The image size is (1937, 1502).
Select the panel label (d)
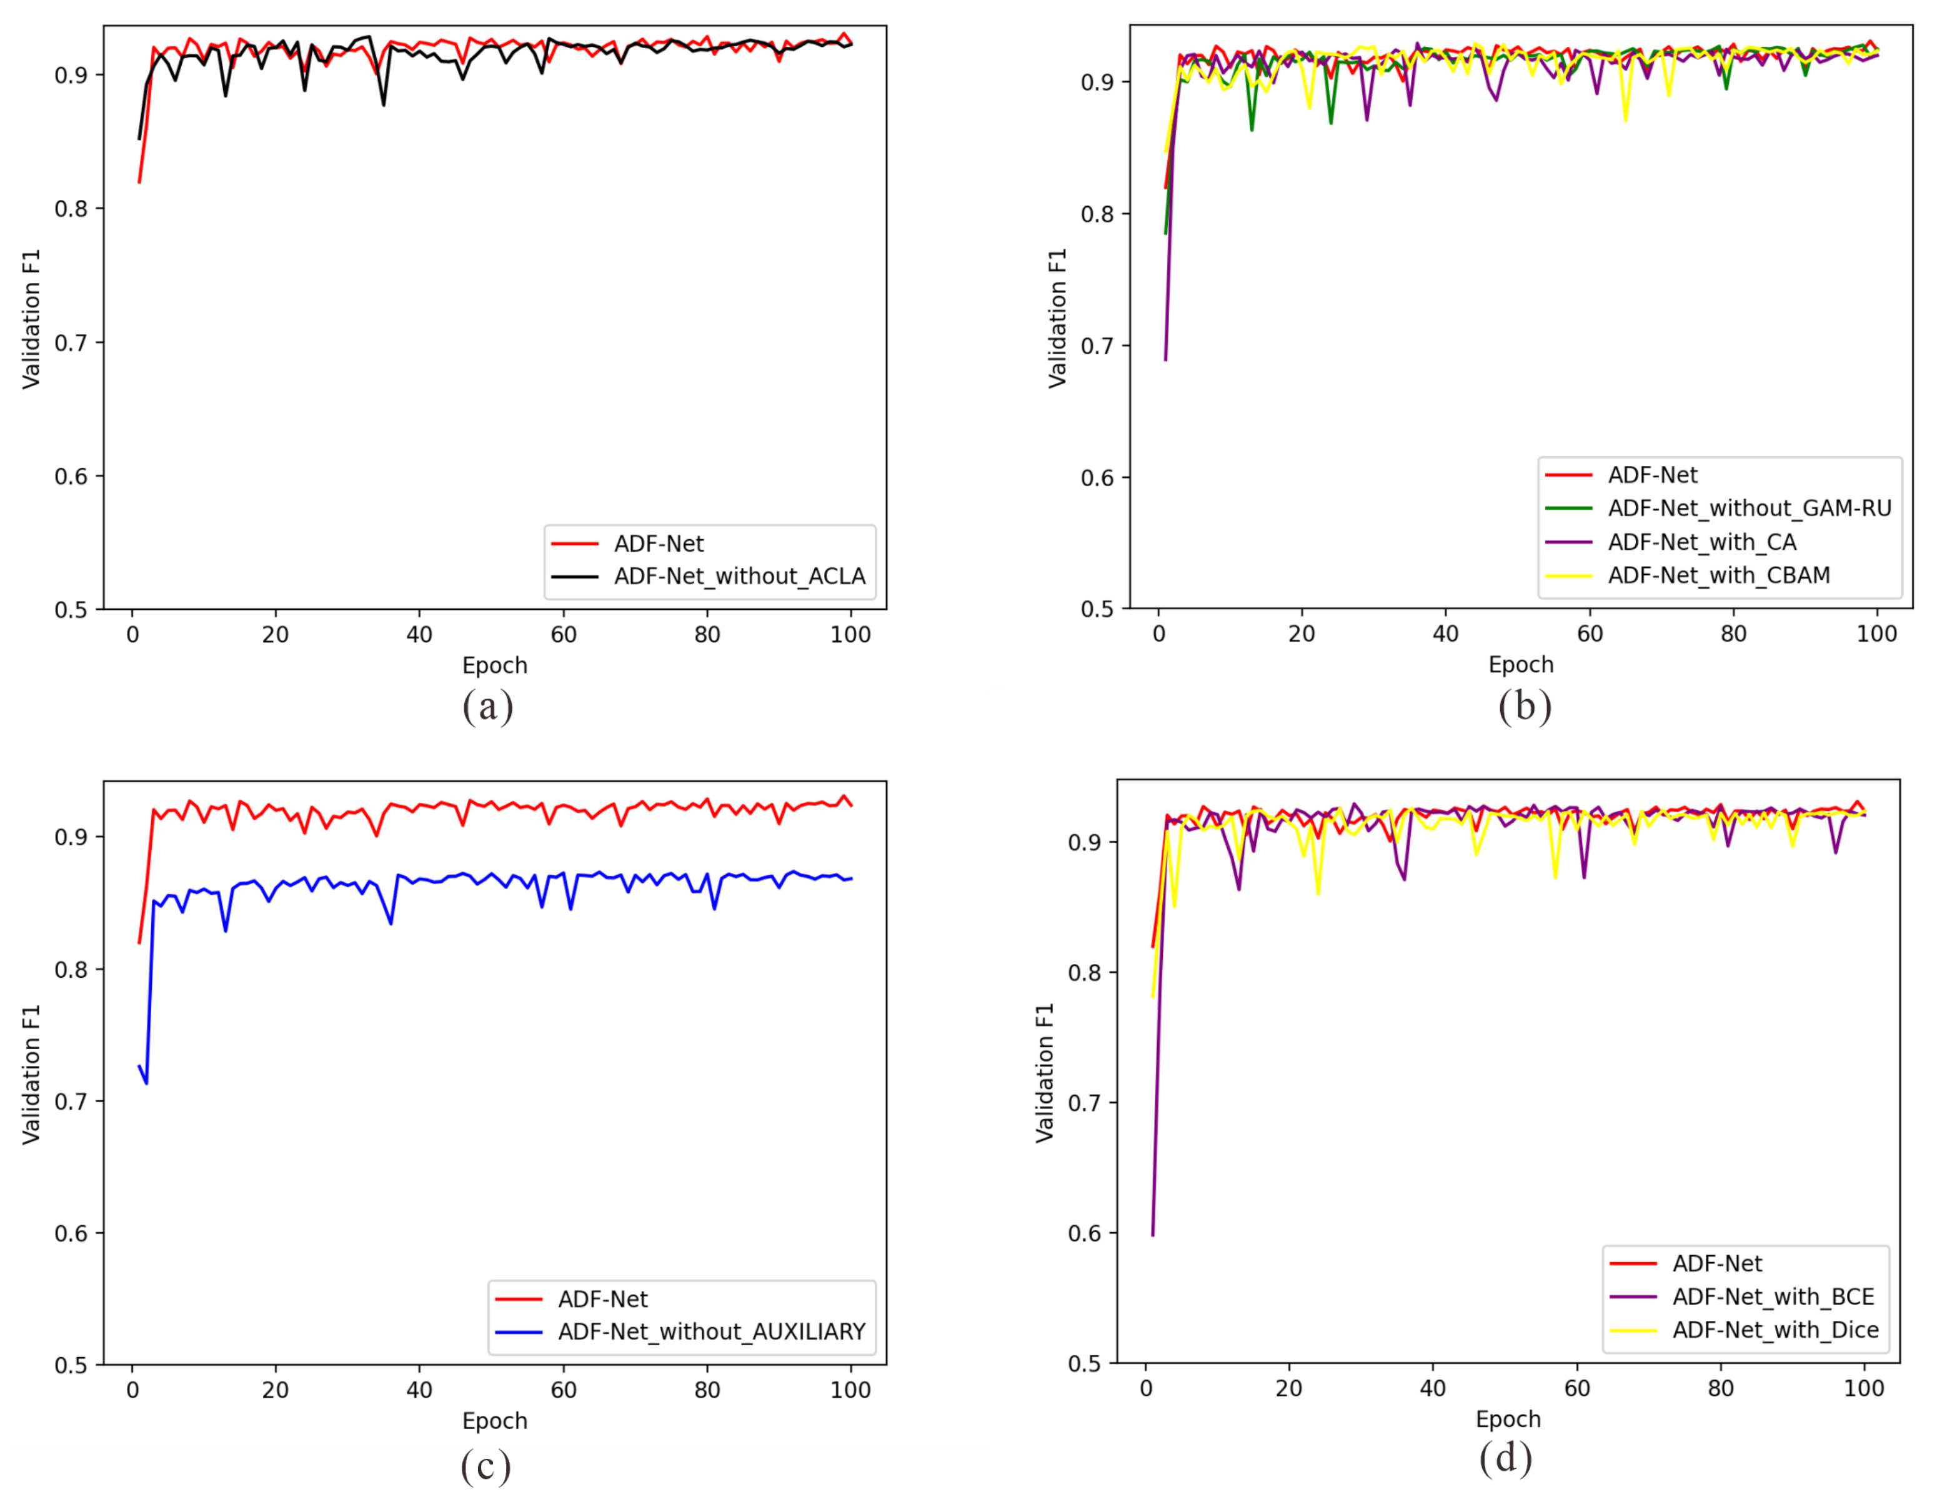(1505, 1458)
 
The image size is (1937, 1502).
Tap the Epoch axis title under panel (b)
(1520, 664)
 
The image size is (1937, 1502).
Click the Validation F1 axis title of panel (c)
(31, 1074)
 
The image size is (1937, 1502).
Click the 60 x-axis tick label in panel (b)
(1590, 634)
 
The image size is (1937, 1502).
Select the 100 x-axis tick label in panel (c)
(850, 1390)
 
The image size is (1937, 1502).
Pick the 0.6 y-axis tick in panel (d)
(1084, 1233)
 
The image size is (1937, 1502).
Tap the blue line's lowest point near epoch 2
(146, 1083)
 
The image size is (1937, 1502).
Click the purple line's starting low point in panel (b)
(1165, 360)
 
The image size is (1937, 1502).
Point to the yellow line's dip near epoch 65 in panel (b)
(1626, 121)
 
